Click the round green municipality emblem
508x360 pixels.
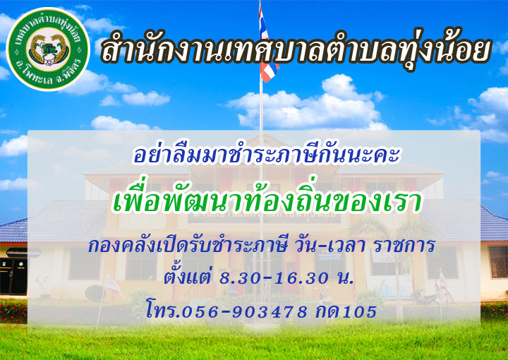point(48,49)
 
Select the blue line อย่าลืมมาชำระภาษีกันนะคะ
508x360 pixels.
point(267,155)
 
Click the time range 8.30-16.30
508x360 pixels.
point(274,277)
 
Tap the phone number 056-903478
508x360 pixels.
point(244,312)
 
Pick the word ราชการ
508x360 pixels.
point(404,246)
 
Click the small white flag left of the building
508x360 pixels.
point(112,285)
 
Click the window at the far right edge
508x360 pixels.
point(498,262)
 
